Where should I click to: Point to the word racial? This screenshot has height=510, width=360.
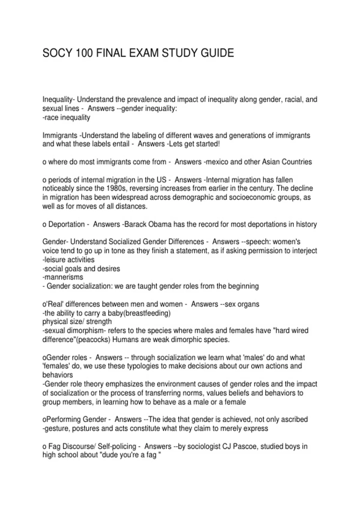[x=293, y=99]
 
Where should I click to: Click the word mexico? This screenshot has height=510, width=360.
[x=216, y=162]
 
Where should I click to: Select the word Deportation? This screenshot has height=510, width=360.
[x=66, y=224]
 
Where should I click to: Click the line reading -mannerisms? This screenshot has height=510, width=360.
[x=63, y=277]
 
